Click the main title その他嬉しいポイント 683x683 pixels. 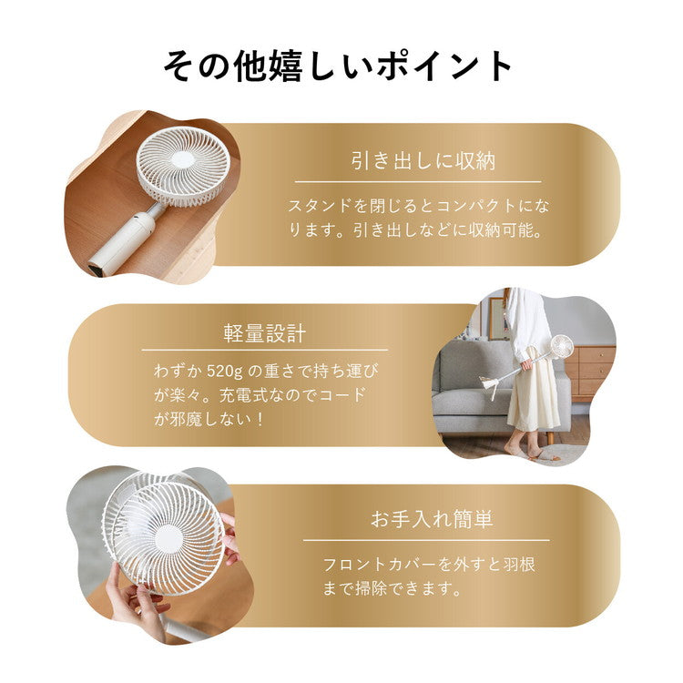[338, 66]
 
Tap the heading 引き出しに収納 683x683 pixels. [423, 160]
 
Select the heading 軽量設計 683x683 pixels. [265, 333]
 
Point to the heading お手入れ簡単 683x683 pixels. [432, 519]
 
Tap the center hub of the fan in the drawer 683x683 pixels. [183, 159]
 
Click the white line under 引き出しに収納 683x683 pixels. [418, 181]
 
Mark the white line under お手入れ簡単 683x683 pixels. [426, 541]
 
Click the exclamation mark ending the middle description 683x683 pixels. [260, 419]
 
